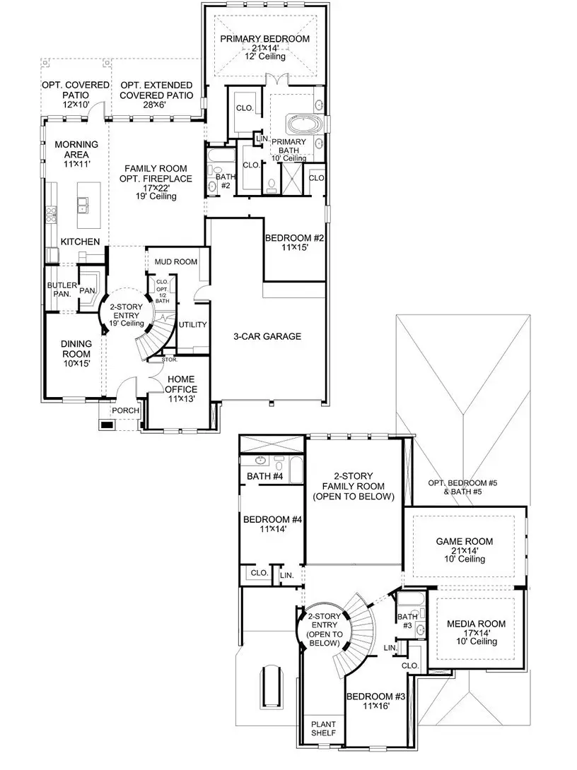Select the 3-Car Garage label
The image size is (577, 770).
tap(267, 336)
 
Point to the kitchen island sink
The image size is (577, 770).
tap(83, 206)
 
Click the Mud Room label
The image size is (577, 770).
tap(176, 262)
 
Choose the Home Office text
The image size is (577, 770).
tap(180, 384)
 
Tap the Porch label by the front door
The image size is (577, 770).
tap(125, 411)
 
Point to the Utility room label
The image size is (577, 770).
tap(192, 325)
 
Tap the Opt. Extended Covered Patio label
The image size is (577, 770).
tap(156, 90)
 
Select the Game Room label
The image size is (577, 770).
tap(465, 542)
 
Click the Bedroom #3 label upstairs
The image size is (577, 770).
tap(375, 697)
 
